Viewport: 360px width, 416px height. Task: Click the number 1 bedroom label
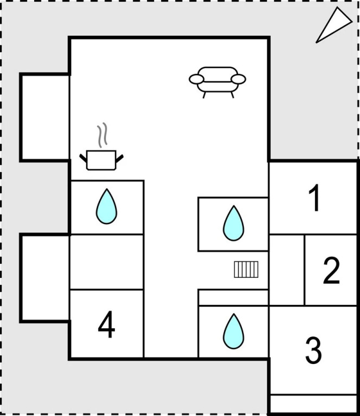(x=314, y=198)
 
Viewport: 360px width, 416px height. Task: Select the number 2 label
(x=331, y=271)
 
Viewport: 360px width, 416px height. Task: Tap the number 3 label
(x=313, y=350)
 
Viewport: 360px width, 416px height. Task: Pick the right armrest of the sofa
(x=239, y=79)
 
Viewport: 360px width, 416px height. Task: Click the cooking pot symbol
(x=101, y=159)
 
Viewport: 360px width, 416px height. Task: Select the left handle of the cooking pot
(x=83, y=158)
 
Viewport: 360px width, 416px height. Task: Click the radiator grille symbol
(x=246, y=269)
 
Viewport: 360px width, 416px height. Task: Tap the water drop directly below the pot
(x=106, y=206)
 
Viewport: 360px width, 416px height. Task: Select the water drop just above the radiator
(x=233, y=223)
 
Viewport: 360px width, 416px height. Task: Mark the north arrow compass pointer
(x=333, y=25)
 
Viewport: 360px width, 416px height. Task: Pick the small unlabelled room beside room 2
(x=287, y=269)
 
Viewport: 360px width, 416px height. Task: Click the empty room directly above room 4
(x=107, y=262)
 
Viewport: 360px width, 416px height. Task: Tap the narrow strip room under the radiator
(x=233, y=297)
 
